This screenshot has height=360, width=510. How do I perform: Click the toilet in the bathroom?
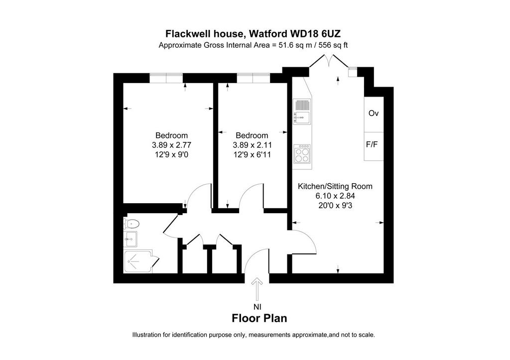pyautogui.click(x=131, y=224)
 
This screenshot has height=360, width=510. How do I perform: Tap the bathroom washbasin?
pyautogui.click(x=130, y=239)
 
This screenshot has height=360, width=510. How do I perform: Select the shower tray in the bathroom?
pyautogui.click(x=138, y=261)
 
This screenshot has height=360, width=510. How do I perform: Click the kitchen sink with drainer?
pyautogui.click(x=302, y=112)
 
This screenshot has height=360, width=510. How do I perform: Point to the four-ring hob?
pyautogui.click(x=302, y=154)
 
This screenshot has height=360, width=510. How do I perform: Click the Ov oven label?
pyautogui.click(x=374, y=114)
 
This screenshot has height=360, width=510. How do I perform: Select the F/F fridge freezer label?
pyautogui.click(x=372, y=144)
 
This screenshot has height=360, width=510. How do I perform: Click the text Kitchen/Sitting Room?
pyautogui.click(x=335, y=186)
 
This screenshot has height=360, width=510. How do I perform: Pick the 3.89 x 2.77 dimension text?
pyautogui.click(x=172, y=145)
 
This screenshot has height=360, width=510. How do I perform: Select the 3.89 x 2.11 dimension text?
pyautogui.click(x=252, y=145)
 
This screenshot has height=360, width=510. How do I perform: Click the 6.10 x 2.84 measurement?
pyautogui.click(x=335, y=196)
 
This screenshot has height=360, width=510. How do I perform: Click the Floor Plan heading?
pyautogui.click(x=259, y=318)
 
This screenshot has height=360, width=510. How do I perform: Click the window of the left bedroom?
pyautogui.click(x=166, y=78)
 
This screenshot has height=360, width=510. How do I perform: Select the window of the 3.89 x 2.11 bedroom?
pyautogui.click(x=254, y=78)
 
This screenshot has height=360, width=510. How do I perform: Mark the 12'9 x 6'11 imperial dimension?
pyautogui.click(x=252, y=154)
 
